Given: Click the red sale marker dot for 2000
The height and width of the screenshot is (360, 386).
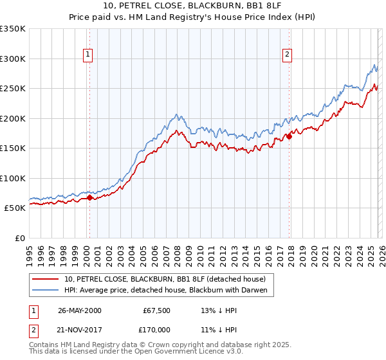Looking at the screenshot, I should click(x=89, y=198).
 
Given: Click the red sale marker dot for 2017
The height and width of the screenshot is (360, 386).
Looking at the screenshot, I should click(x=289, y=136).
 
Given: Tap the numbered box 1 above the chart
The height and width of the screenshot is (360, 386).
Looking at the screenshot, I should click(x=87, y=55).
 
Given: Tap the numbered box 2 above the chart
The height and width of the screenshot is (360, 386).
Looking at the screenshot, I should click(x=287, y=55).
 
